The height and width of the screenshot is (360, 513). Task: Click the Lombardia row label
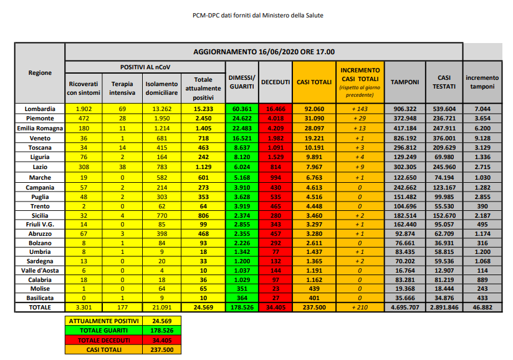(x=40, y=109)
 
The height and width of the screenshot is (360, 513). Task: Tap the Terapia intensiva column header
(x=122, y=87)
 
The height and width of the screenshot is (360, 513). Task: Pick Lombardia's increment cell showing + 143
(x=360, y=109)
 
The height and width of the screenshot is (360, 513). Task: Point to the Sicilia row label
(x=40, y=214)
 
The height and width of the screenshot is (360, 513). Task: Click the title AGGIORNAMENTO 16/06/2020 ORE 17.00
(x=264, y=52)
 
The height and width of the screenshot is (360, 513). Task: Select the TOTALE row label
(x=40, y=307)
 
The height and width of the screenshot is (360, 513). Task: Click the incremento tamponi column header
(x=482, y=82)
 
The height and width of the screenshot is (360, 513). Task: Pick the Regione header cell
(x=40, y=73)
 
